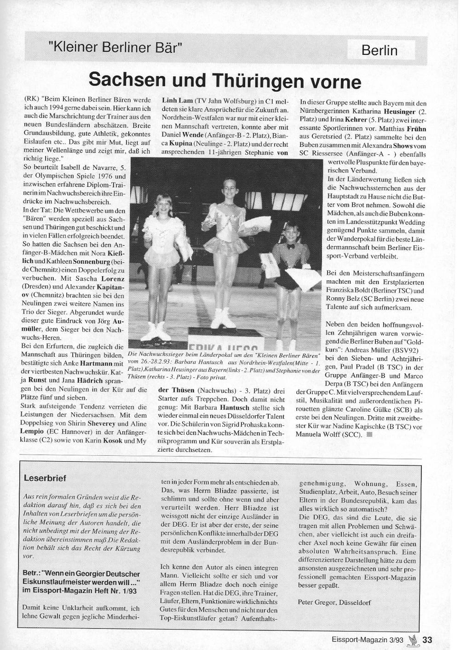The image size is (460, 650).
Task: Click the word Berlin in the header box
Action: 379,50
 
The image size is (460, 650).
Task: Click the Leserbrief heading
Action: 45,478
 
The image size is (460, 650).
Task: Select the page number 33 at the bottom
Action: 427,640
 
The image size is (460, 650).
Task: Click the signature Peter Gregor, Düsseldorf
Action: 334,602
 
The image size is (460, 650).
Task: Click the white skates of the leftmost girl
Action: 157,331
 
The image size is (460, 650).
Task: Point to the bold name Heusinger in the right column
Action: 398,111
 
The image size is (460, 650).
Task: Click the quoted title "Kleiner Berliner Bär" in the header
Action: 115,47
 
